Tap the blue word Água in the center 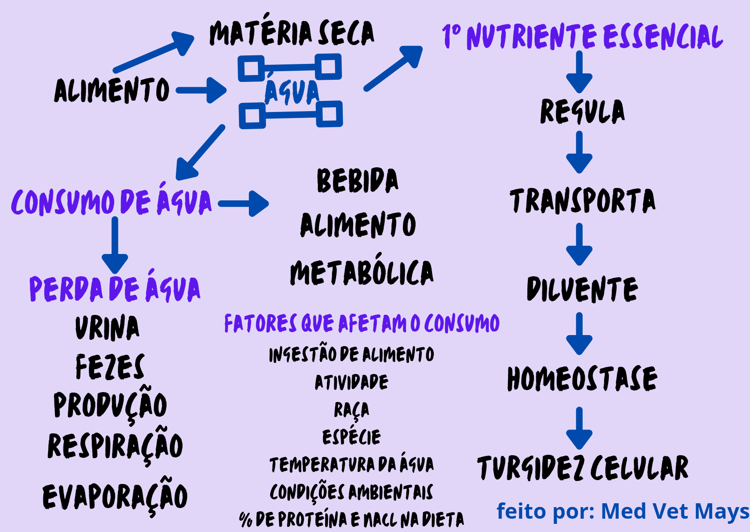(292, 92)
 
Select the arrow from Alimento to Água (201, 90)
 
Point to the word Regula (582, 112)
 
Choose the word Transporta (582, 201)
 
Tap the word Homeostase (582, 379)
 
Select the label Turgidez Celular (583, 468)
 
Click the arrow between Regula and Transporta (579, 152)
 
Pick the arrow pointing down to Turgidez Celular (579, 428)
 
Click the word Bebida (357, 180)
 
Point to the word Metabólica (362, 272)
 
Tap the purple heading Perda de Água (115, 288)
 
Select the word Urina (107, 328)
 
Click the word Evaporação (115, 496)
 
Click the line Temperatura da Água (351, 465)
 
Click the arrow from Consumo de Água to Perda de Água (115, 245)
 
